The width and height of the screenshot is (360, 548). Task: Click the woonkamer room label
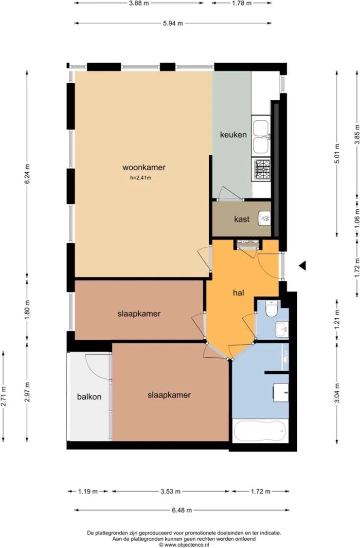coord(144,167)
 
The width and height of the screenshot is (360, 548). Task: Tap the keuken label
coord(233,135)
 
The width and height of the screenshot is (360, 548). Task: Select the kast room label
coord(241,219)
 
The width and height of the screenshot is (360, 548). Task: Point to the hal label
coord(237,292)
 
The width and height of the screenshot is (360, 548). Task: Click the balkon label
coord(89,397)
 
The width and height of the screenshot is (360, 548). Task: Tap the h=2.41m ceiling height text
coord(141,178)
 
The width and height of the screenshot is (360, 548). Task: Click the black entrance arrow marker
coord(302,265)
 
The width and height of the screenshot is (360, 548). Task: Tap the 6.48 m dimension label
coord(181,510)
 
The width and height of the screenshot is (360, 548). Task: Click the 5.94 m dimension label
coord(173,23)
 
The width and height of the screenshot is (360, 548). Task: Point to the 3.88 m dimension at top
coord(139,3)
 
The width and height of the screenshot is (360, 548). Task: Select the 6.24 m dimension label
coord(27,173)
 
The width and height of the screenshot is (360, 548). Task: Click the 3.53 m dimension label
coord(171,492)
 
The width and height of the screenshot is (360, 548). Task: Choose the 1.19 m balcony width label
coord(88,492)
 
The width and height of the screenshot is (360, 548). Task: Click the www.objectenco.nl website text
coord(183,545)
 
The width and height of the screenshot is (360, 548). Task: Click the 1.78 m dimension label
coord(241,3)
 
